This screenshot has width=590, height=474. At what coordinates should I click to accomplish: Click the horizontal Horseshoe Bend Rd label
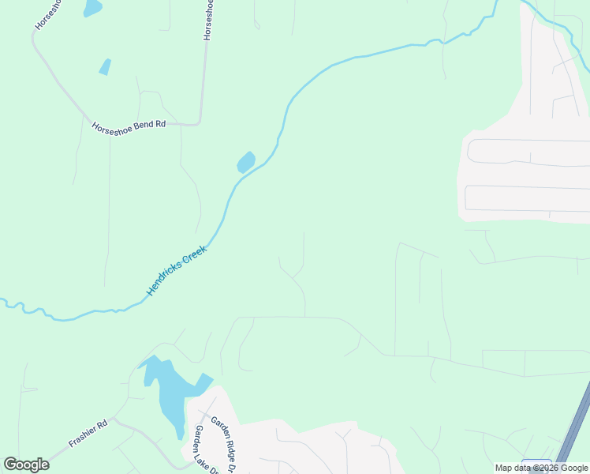click(x=129, y=125)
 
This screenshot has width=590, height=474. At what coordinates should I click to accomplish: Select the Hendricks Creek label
click(x=176, y=271)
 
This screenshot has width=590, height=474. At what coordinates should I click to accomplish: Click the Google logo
click(x=27, y=465)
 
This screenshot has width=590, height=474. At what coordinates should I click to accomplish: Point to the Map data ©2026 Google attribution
click(x=541, y=468)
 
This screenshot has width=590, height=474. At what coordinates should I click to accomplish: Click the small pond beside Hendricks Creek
click(x=246, y=163)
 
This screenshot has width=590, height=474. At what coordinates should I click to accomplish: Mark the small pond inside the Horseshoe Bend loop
click(x=105, y=67)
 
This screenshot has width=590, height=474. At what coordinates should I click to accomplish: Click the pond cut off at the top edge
click(x=92, y=8)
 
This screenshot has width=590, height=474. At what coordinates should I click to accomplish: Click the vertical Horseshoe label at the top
click(x=208, y=21)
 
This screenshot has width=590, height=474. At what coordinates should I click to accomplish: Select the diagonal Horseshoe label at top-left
click(x=47, y=16)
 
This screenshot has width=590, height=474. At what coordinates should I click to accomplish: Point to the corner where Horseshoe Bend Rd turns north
click(x=200, y=122)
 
